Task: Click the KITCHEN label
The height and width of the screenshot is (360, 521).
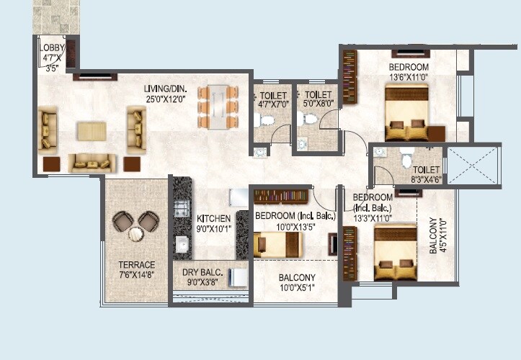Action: [x=213, y=219]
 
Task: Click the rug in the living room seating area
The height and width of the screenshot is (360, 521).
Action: [x=92, y=132]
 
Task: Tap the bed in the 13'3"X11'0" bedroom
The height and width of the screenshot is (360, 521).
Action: [x=395, y=251]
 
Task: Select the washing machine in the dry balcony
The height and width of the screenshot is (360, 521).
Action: [x=235, y=276]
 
